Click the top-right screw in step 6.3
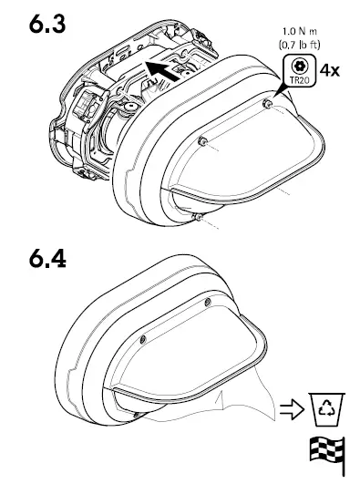point(266,104)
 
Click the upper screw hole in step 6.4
point(208,302)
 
